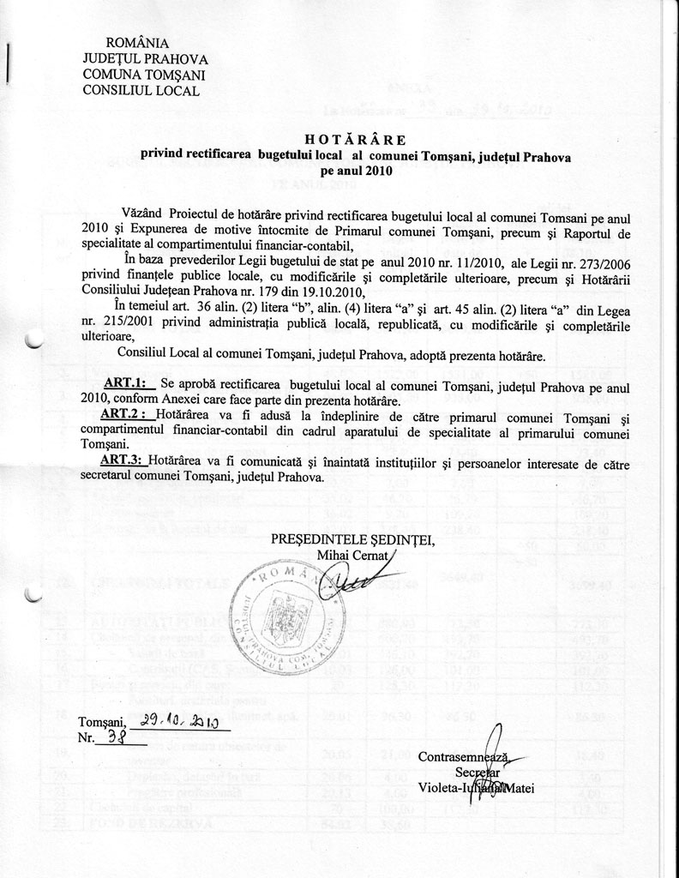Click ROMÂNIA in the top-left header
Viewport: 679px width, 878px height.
coord(136,43)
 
